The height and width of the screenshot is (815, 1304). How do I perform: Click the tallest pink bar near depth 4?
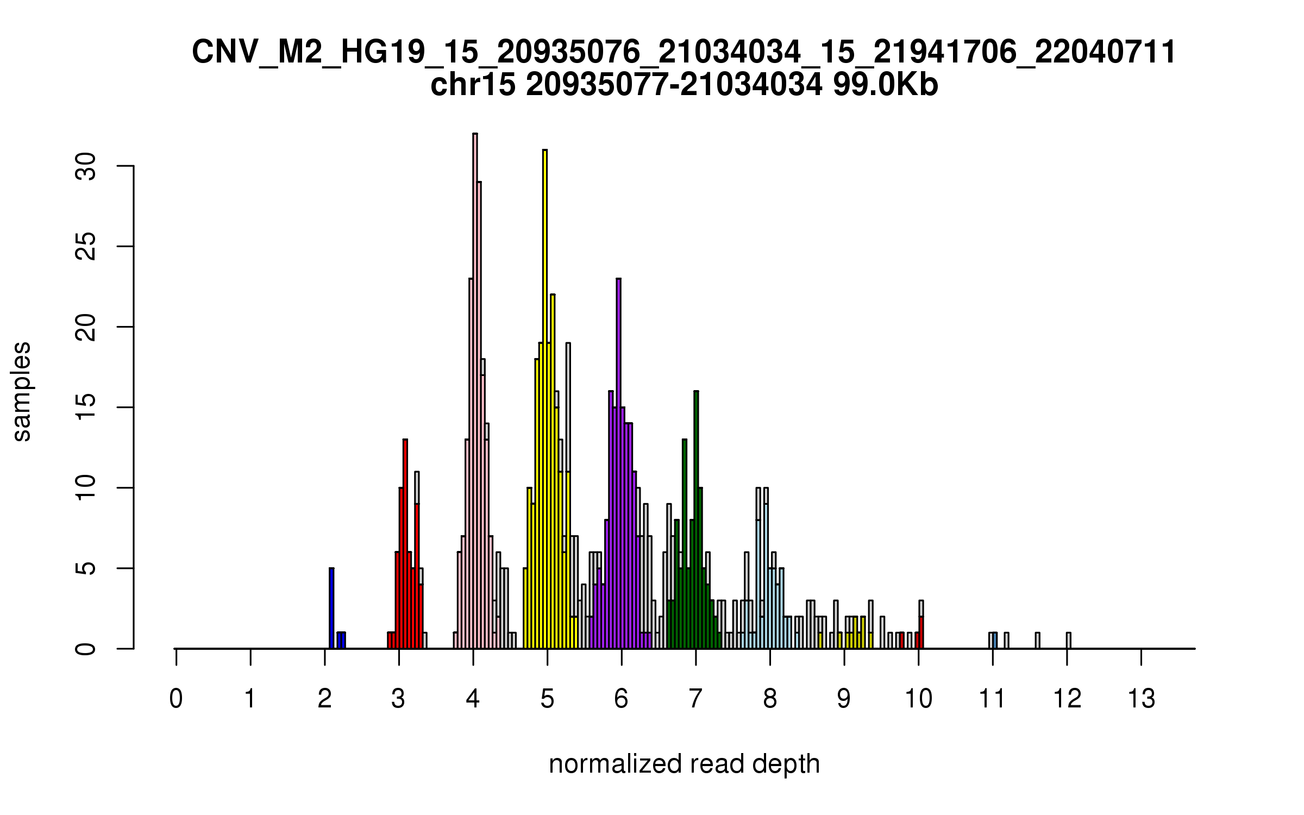(475, 391)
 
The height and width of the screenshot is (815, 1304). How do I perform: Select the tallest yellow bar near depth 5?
(545, 399)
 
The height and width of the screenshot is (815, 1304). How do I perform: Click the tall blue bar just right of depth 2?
(331, 609)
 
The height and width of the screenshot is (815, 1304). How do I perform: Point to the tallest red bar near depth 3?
(405, 544)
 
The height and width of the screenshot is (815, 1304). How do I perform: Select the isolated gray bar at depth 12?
(1068, 641)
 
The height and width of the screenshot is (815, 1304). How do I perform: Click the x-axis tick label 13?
(1141, 699)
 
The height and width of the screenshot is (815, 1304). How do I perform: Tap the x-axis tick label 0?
(176, 699)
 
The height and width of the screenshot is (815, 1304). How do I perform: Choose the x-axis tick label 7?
(695, 699)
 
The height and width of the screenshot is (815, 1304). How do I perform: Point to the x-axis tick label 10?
(918, 699)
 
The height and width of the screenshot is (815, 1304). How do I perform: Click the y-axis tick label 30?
(86, 166)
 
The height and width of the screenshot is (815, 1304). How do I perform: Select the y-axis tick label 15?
(86, 407)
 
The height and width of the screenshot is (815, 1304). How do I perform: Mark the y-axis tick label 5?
(86, 568)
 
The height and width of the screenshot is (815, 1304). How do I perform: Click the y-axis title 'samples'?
(22, 391)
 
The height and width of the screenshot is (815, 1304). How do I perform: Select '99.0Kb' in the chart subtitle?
(885, 85)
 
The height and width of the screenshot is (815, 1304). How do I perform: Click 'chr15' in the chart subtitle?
(473, 85)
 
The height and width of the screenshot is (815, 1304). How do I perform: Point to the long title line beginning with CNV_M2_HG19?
(684, 52)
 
